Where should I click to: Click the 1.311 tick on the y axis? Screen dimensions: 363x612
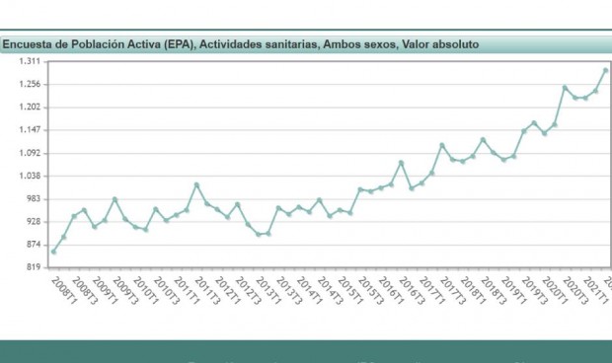coord(30,61)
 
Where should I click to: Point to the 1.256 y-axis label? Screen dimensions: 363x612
coord(30,84)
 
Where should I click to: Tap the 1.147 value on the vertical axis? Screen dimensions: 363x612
coord(30,130)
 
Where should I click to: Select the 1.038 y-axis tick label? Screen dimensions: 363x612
coord(30,176)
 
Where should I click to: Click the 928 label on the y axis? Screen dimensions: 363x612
coord(32,222)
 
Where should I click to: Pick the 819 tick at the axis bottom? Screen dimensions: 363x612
coord(32,267)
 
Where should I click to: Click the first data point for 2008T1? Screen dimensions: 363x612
coord(53,252)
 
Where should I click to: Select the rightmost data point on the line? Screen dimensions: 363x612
coord(605,70)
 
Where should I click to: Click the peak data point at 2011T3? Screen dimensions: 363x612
coord(196,184)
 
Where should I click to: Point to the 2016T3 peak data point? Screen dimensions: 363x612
coord(402,163)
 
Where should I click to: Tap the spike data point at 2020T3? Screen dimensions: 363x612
coord(565,88)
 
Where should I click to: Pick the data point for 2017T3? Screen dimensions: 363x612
coord(442,145)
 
